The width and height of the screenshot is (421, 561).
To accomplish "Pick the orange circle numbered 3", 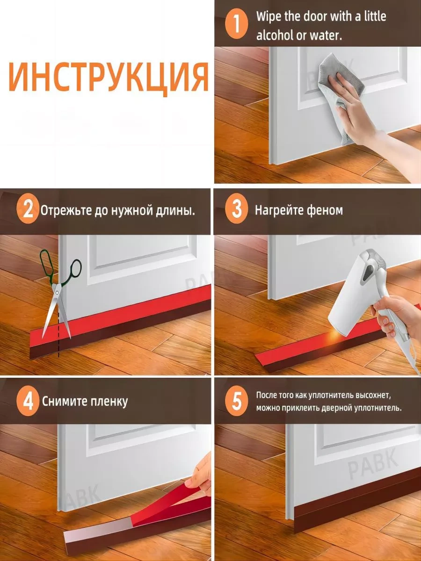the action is pos(236,210).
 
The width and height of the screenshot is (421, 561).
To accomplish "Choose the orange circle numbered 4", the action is pos(28,402).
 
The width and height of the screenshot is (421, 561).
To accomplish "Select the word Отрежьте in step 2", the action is pos(66,211).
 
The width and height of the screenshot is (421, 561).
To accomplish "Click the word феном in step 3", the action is pos(325,210).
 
